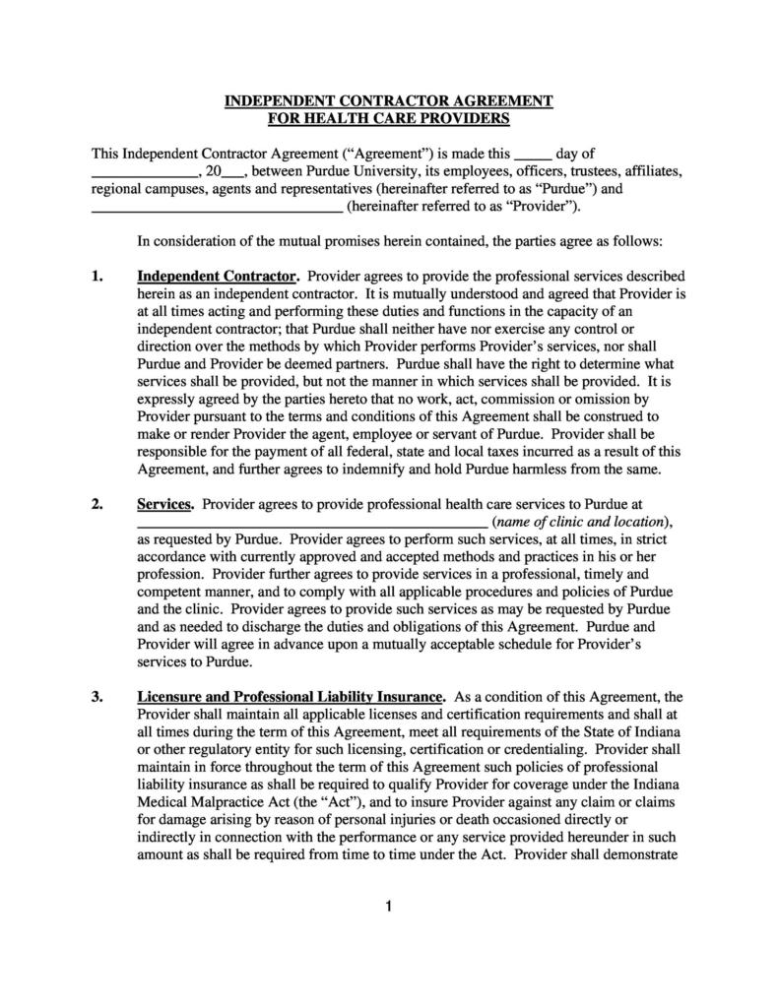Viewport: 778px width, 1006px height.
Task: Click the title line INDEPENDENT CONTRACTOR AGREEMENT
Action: (389, 101)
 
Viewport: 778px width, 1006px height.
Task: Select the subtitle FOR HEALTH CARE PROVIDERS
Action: (389, 118)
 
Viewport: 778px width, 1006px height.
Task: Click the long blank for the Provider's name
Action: (217, 207)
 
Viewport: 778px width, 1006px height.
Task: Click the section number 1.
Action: (97, 277)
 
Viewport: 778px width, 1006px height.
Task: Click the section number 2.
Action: (97, 504)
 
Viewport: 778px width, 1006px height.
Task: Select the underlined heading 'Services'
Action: (164, 504)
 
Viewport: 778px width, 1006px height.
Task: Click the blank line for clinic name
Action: (311, 522)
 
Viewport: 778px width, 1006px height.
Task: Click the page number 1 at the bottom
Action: (389, 907)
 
